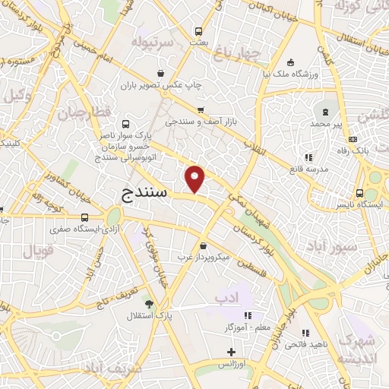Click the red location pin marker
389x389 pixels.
(x=195, y=179)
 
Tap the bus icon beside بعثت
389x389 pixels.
(x=198, y=32)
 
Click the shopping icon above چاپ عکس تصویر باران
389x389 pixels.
(x=160, y=73)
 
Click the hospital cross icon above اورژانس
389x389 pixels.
(x=232, y=352)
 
